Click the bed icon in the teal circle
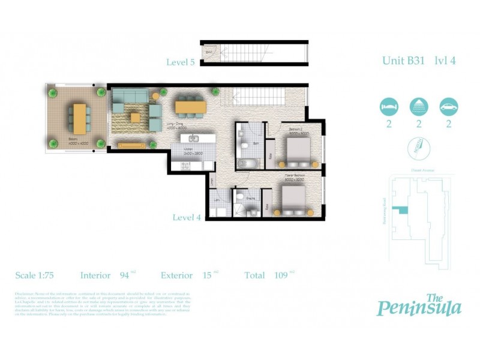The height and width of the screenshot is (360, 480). [x=389, y=107]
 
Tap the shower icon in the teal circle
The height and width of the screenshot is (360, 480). [x=418, y=107]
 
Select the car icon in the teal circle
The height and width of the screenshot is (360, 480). [x=448, y=107]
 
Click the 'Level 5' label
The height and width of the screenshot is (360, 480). [x=181, y=62]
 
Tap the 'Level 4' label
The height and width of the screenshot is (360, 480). [x=187, y=217]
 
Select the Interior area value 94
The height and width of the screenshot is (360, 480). [x=125, y=275]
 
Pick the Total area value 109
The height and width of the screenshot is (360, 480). [x=279, y=275]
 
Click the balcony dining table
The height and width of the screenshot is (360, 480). [x=79, y=119]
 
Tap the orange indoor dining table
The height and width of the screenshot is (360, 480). [x=190, y=107]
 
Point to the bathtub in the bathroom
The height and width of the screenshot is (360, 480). [x=246, y=164]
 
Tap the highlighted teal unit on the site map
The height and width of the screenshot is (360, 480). [x=398, y=209]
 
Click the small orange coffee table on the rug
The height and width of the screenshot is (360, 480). [x=136, y=117]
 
